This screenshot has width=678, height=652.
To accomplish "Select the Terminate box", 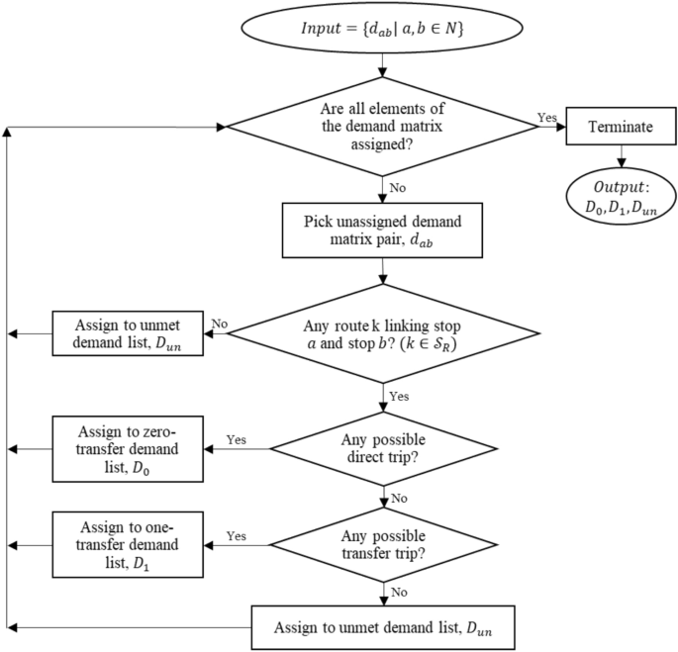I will [x=619, y=127].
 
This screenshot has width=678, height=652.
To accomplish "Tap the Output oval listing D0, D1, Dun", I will [x=619, y=195].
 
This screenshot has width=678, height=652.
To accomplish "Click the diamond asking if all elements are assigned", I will [x=382, y=127].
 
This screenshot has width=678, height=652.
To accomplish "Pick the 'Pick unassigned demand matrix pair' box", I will [x=382, y=229].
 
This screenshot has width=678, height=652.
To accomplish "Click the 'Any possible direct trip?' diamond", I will [x=382, y=447].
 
